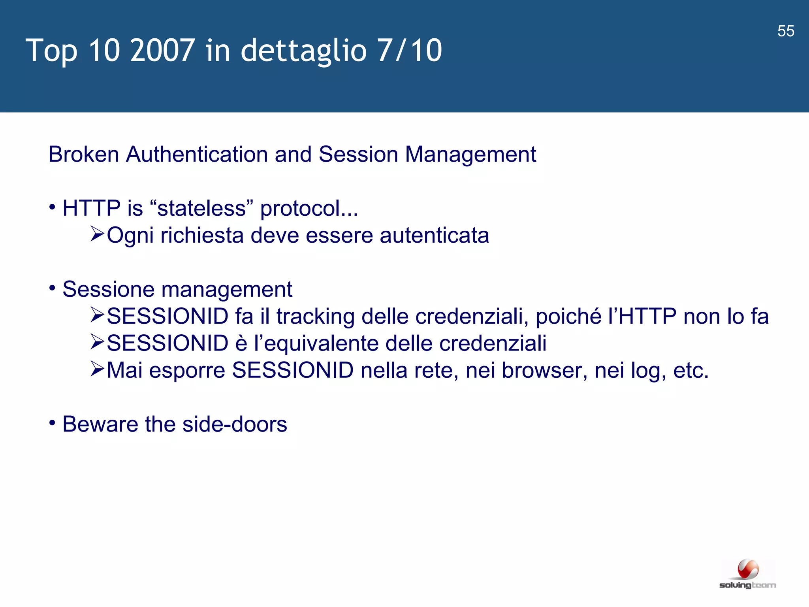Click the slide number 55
(x=786, y=31)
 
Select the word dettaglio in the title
(x=303, y=51)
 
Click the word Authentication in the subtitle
(x=197, y=154)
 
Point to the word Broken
(x=83, y=154)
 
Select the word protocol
(x=309, y=209)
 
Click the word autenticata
(x=434, y=236)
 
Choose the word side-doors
(x=235, y=424)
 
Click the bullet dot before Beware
(x=53, y=423)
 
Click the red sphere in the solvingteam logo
(x=748, y=569)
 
